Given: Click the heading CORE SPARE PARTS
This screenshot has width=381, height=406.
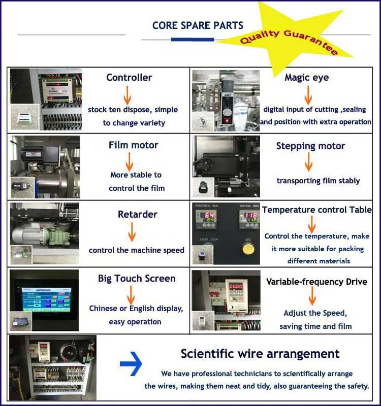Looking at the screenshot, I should (x=198, y=25).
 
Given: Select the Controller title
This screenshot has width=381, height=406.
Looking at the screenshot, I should (x=129, y=78).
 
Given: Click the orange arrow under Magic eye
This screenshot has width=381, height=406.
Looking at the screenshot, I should (x=307, y=95).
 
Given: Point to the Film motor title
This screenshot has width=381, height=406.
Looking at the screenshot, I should (x=134, y=145).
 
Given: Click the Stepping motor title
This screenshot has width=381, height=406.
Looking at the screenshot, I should (x=310, y=146).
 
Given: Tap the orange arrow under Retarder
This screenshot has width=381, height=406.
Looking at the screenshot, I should (x=132, y=231).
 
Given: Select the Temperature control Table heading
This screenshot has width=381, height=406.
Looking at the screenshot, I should (x=317, y=210).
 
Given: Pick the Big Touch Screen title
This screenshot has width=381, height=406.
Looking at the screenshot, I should (x=137, y=279).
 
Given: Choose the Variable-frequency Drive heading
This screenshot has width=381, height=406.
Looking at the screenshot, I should (x=316, y=282).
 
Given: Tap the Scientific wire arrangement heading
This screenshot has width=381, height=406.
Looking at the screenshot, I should (x=260, y=354).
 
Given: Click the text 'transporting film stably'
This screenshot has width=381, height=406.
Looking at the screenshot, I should (x=318, y=181).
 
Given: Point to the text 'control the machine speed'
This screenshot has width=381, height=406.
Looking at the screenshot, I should (x=136, y=250).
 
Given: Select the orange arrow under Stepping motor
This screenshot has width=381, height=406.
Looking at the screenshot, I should (x=309, y=162).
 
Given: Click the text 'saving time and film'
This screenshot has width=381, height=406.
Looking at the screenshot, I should (x=315, y=326).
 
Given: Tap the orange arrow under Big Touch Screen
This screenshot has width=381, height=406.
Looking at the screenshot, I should (x=131, y=294).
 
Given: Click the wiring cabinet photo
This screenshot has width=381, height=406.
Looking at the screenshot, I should (x=53, y=365).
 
